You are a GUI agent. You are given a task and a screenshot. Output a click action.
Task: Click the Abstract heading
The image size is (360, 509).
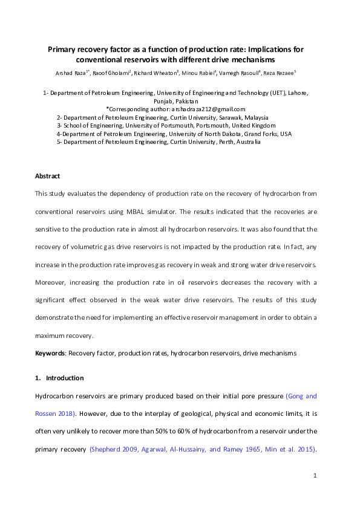tap(48, 176)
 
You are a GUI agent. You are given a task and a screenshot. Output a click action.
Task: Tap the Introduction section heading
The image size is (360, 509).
tap(65, 378)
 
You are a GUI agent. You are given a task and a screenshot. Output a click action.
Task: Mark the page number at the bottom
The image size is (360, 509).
tap(315, 477)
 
